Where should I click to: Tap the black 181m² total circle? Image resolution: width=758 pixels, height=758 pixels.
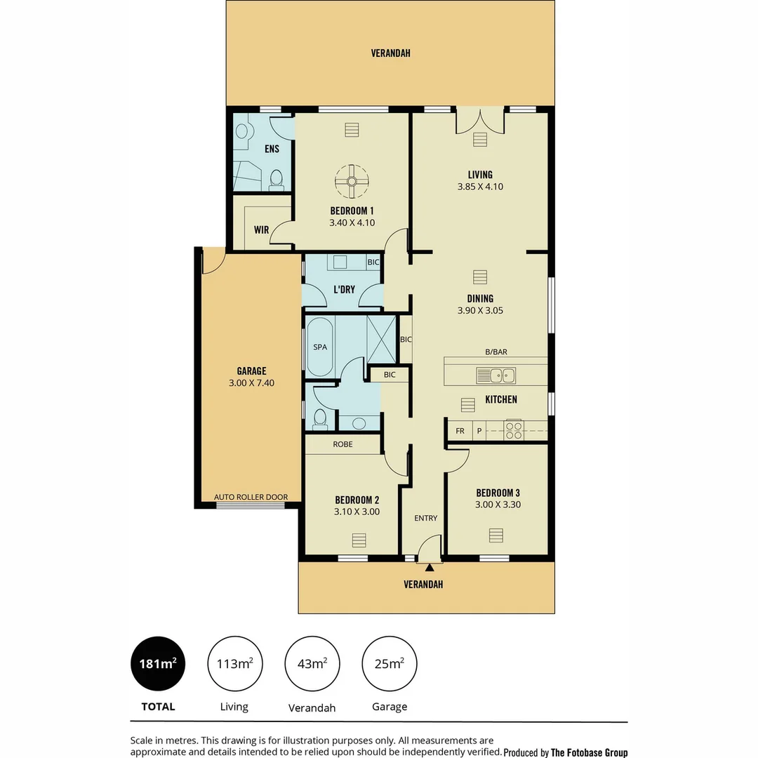click(x=159, y=663)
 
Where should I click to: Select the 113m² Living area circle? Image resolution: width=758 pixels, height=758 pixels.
click(x=234, y=663)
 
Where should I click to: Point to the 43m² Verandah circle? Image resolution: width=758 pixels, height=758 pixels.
click(x=312, y=663)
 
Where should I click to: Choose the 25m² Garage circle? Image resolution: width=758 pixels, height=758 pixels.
click(x=389, y=663)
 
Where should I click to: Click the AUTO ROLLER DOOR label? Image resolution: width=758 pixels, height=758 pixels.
click(x=251, y=497)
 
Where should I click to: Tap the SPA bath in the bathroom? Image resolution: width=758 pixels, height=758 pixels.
click(x=320, y=347)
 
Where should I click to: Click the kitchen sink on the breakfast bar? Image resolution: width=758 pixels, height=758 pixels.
click(x=496, y=375)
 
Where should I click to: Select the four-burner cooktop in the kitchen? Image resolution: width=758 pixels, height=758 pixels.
click(x=514, y=430)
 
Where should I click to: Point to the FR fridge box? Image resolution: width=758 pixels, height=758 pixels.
click(x=460, y=431)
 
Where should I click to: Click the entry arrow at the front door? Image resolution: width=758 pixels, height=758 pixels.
click(x=429, y=566)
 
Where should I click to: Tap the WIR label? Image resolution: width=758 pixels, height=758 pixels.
click(x=261, y=230)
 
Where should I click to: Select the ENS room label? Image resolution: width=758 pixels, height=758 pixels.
click(x=272, y=149)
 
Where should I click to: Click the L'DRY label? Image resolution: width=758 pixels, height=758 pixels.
click(x=344, y=289)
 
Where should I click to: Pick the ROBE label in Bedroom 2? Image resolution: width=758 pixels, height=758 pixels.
click(x=343, y=444)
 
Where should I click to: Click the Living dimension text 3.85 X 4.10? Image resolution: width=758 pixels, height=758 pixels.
click(x=480, y=187)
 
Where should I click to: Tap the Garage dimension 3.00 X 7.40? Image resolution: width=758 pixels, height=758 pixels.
click(x=251, y=383)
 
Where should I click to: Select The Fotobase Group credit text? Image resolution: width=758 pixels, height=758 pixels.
click(x=589, y=752)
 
